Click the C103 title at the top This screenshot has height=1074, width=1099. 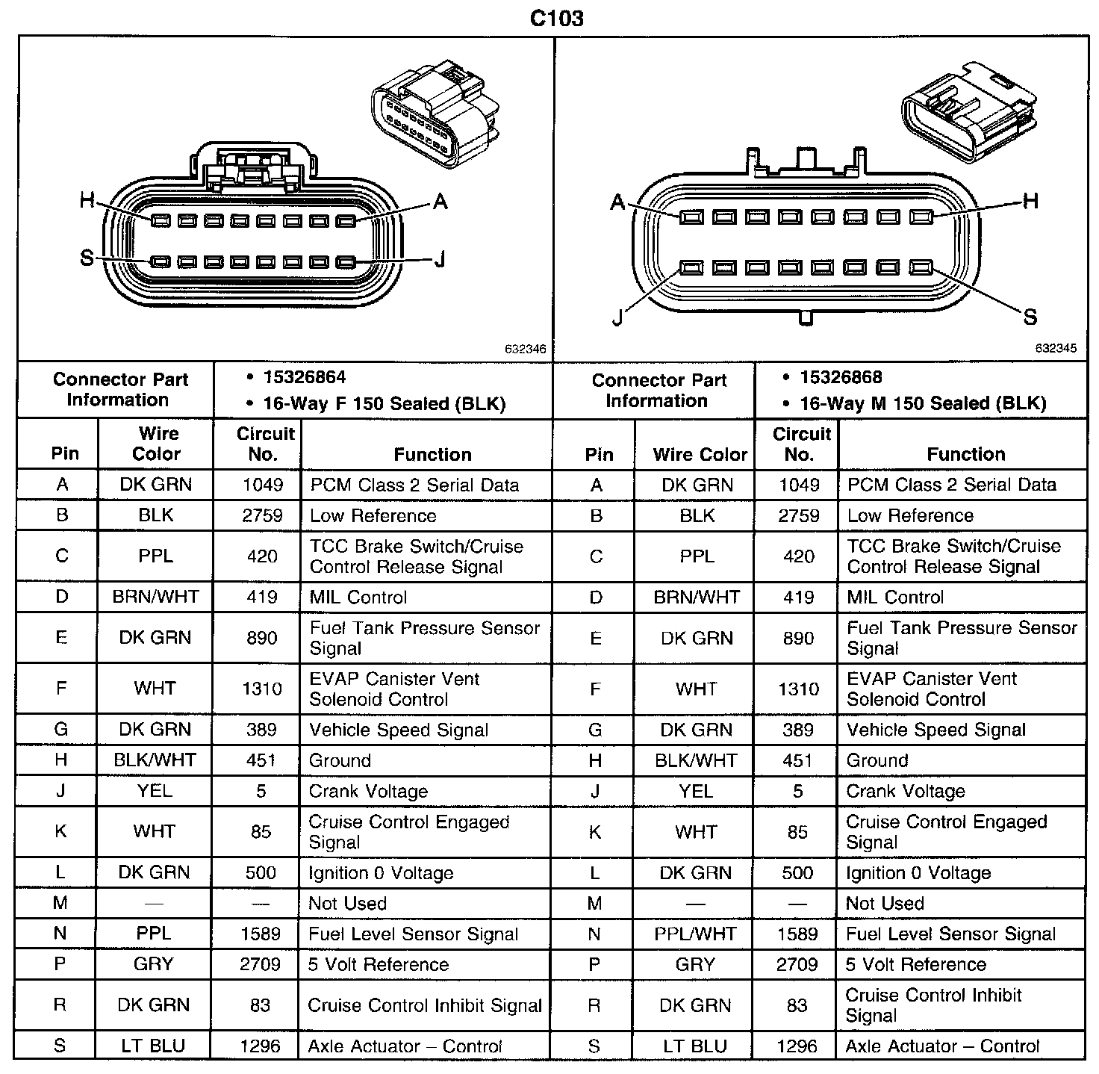[556, 17]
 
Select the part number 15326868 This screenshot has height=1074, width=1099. [841, 377]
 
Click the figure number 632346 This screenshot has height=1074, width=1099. [525, 349]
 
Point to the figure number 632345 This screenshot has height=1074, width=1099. [1056, 348]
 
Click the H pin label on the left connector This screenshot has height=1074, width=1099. [87, 200]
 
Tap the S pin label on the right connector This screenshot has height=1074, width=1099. [1030, 317]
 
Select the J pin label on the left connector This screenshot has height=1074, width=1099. [440, 259]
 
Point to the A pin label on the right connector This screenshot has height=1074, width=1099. [617, 202]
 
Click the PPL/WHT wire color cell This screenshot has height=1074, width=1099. [695, 934]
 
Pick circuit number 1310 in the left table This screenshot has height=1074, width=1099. [262, 688]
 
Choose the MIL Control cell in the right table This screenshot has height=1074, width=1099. [895, 597]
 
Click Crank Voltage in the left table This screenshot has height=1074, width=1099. [368, 791]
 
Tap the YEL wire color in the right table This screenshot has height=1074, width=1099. [695, 791]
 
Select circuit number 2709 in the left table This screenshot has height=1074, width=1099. [260, 964]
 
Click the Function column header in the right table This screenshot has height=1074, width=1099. [965, 453]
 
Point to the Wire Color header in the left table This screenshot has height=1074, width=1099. [157, 444]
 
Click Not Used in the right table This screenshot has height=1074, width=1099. [884, 903]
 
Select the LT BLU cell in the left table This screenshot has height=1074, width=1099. [153, 1046]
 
